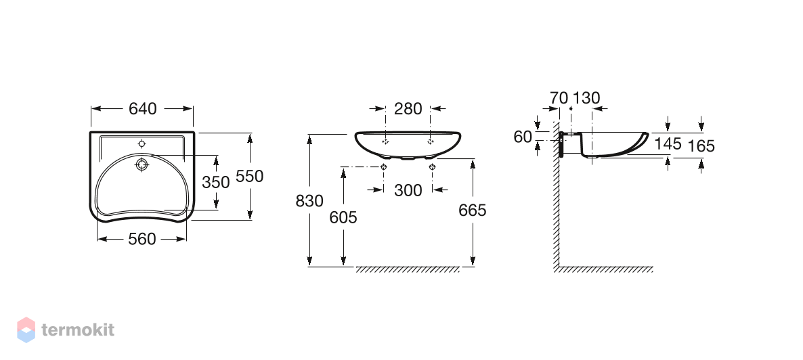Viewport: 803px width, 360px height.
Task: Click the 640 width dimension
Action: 142,108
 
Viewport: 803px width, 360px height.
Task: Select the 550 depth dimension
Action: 249,176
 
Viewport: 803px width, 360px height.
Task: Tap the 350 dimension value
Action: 215,182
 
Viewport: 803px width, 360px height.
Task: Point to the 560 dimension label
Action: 142,239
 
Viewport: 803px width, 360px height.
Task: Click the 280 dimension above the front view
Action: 408,108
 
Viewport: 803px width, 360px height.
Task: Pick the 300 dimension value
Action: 408,190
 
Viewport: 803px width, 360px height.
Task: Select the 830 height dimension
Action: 309,201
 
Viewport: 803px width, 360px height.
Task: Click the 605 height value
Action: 343,218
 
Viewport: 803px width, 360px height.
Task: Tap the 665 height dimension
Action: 472,210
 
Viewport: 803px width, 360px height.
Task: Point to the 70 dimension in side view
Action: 559,98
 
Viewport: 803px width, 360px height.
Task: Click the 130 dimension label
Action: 586,98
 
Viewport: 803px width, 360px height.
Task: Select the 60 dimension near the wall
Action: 523,137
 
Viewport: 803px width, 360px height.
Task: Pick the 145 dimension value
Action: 668,144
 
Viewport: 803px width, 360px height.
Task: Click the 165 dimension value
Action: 701,146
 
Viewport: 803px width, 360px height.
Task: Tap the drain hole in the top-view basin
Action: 142,164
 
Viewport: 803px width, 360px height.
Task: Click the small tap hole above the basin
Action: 142,144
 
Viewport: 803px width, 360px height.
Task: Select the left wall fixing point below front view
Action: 384,166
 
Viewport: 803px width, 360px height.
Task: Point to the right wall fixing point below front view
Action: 432,166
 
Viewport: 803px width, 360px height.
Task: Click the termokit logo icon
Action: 26,330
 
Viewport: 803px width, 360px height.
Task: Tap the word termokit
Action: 78,330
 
